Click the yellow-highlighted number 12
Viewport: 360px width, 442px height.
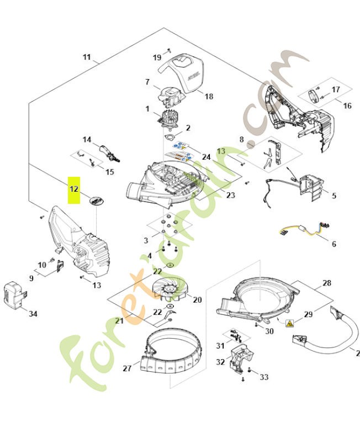pyautogui.click(x=74, y=190)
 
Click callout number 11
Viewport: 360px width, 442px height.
pyautogui.click(x=87, y=57)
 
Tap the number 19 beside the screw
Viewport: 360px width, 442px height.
pyautogui.click(x=157, y=57)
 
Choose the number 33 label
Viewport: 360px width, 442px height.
pyautogui.click(x=264, y=377)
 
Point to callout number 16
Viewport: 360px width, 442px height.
pyautogui.click(x=347, y=106)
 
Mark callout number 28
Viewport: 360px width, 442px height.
pyautogui.click(x=327, y=283)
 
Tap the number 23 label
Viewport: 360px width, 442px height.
pyautogui.click(x=230, y=195)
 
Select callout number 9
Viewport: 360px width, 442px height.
pyautogui.click(x=31, y=278)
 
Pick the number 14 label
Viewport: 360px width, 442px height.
pyautogui.click(x=87, y=140)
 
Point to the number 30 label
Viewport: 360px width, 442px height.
pyautogui.click(x=269, y=331)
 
